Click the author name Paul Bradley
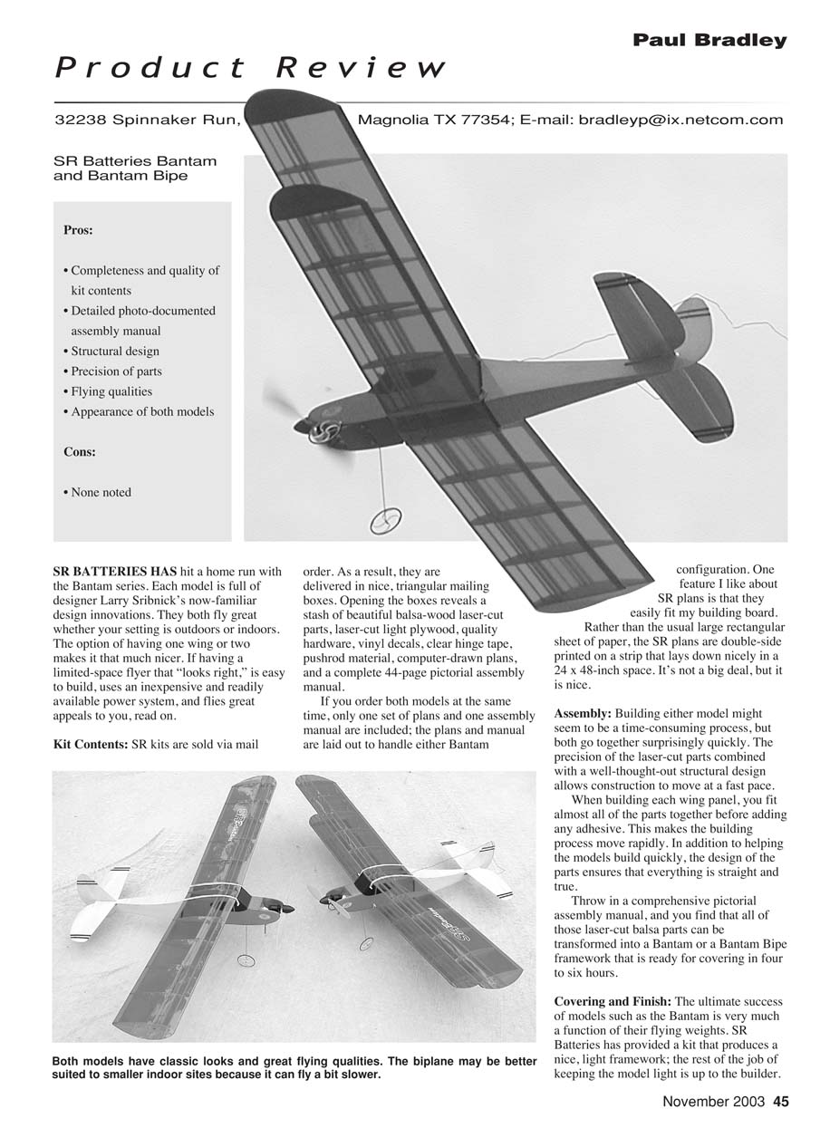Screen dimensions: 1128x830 tap(709, 40)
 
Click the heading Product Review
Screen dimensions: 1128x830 tap(250, 68)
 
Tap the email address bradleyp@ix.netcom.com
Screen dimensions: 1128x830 tap(680, 120)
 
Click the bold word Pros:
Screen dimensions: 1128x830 tap(79, 230)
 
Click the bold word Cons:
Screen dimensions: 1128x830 tap(80, 451)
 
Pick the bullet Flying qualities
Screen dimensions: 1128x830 tap(111, 391)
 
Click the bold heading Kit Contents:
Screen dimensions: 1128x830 tap(91, 745)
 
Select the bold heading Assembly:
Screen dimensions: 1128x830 tap(582, 714)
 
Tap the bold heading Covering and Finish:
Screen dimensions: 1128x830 tap(613, 1001)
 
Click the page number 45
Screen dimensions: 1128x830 tap(780, 1102)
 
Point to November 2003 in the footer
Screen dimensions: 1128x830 tap(714, 1102)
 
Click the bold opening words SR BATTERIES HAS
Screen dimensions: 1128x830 tap(109, 572)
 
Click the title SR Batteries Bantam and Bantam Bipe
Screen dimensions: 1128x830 tap(135, 169)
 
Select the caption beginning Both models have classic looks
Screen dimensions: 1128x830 tap(294, 1068)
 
